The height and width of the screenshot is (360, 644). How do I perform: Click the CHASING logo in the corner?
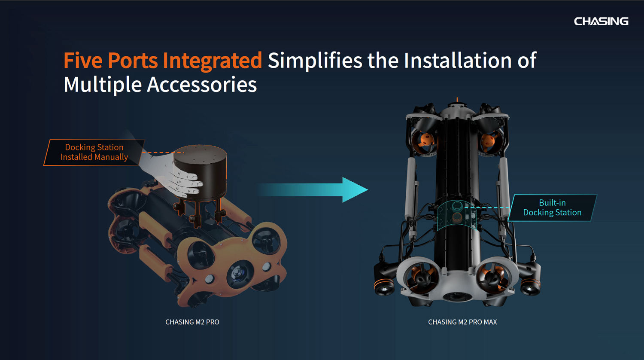pos(601,21)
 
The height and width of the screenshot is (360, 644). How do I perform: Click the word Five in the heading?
pos(83,61)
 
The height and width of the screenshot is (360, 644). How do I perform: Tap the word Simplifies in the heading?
pos(315,61)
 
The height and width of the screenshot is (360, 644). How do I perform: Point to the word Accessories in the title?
pos(202,85)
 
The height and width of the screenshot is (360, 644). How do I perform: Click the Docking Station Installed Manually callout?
pos(94,152)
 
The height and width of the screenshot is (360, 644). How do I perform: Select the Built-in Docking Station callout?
pos(552,207)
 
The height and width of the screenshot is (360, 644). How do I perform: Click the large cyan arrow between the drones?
pos(313,190)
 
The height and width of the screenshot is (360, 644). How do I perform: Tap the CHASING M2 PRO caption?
pos(192,322)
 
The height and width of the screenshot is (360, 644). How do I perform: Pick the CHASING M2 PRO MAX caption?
pos(462,322)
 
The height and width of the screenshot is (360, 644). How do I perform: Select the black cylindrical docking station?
pos(200,172)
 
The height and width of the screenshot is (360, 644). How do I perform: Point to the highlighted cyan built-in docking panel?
pos(456,215)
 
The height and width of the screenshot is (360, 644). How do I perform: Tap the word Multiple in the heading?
pos(103,85)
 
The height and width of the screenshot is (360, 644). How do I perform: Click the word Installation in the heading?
pos(458,61)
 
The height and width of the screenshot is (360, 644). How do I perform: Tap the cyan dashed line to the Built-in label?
pos(487,207)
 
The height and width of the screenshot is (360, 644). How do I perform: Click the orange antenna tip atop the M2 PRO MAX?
pos(457,99)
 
